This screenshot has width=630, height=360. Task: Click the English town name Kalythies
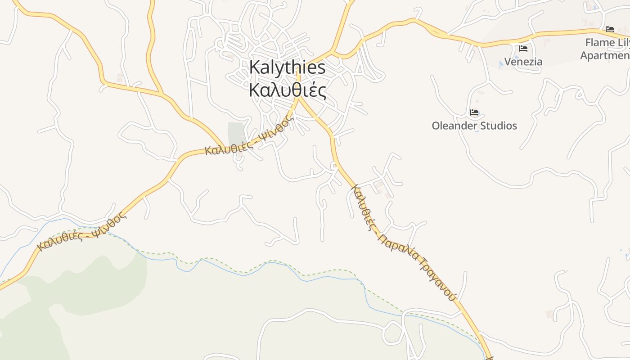(287, 67)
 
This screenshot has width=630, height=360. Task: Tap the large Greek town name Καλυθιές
(287, 90)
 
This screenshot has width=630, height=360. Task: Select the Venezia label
(523, 62)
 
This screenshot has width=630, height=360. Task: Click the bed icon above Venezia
(523, 49)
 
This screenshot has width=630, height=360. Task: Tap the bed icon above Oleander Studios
(474, 112)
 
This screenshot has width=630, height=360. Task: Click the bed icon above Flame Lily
(610, 29)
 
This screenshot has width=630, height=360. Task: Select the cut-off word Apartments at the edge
(605, 56)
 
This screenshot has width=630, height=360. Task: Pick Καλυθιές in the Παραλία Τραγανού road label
(363, 207)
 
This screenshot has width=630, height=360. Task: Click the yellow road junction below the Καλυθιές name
(298, 98)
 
